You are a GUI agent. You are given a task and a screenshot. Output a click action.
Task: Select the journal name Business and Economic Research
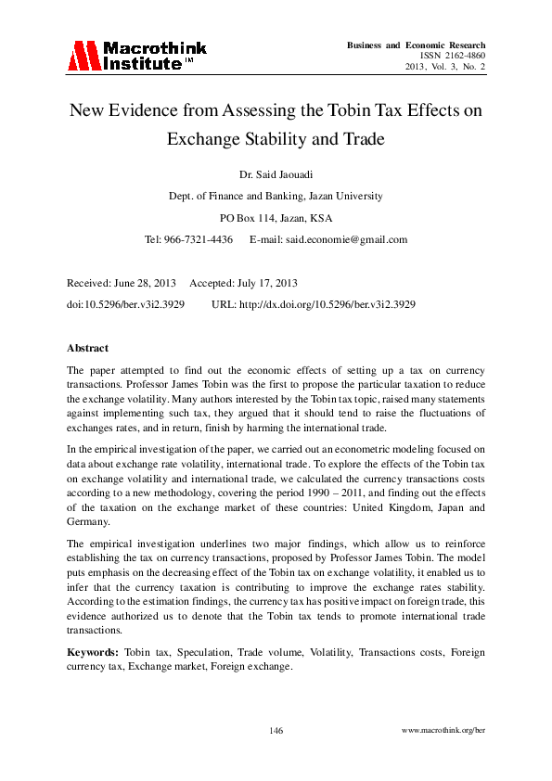click(x=416, y=45)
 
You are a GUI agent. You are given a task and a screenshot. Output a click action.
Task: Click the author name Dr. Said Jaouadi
click(x=276, y=173)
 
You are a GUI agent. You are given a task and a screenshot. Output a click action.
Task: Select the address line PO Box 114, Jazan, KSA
click(x=276, y=218)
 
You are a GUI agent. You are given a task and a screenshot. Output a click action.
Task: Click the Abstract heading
click(x=87, y=348)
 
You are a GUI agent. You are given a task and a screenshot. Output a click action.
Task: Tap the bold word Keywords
click(x=93, y=652)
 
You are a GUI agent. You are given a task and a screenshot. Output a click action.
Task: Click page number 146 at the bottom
click(x=276, y=731)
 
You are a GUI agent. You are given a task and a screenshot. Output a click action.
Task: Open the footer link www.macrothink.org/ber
click(x=443, y=731)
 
